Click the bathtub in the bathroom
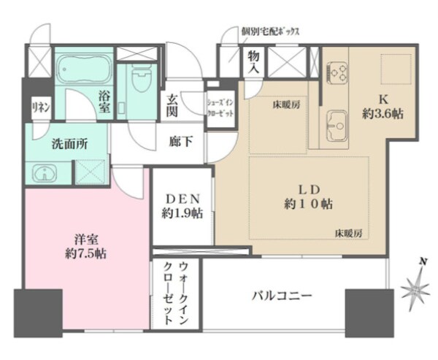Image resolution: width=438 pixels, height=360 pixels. [x=84, y=71]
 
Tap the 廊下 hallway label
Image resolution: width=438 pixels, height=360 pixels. [x=182, y=142]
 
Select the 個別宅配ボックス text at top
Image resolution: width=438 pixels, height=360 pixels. [x=270, y=32]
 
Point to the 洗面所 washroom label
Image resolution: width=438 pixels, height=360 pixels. [x=70, y=144]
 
